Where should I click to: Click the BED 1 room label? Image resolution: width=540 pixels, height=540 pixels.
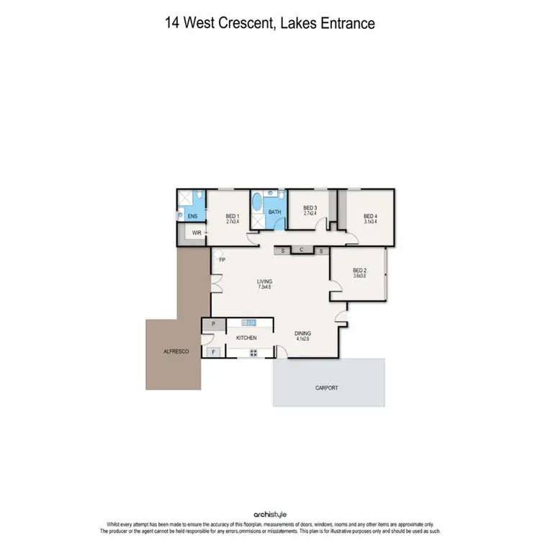[232, 216]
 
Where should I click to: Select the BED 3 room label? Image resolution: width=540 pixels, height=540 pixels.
[310, 208]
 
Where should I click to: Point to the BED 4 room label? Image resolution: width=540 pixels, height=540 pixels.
[370, 216]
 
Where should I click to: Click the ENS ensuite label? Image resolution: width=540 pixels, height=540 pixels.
[192, 216]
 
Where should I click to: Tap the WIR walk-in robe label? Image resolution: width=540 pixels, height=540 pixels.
[195, 233]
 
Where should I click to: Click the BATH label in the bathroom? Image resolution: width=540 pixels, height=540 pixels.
[274, 212]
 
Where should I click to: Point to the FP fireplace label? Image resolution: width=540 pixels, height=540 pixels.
[222, 260]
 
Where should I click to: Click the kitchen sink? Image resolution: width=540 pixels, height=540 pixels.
[249, 323]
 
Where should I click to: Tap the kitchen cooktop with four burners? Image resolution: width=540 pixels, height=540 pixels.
[253, 352]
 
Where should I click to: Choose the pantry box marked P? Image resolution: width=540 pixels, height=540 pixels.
[213, 325]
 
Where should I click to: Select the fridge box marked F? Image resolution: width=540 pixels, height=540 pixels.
[213, 352]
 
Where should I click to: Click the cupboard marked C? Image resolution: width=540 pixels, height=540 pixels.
[302, 251]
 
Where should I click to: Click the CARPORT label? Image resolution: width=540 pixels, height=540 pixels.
[326, 387]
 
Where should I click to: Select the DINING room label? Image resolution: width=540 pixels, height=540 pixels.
[303, 334]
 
